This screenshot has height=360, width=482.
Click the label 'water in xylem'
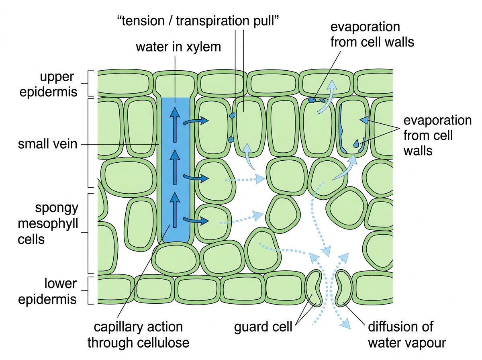178,47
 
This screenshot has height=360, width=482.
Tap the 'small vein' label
47,144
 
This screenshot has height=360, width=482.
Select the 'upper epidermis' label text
48,84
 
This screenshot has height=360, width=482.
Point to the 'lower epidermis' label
47,291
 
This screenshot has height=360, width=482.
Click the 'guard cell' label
263,327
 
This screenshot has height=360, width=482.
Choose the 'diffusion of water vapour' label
407,335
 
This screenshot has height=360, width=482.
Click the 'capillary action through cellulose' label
138,335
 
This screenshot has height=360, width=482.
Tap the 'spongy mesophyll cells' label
48,224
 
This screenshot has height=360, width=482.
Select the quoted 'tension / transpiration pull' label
198,21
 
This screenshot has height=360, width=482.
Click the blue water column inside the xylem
176,169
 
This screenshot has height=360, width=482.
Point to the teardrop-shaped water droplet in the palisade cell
356,144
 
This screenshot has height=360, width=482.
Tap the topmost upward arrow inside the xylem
175,125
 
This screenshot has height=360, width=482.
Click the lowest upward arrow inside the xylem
175,210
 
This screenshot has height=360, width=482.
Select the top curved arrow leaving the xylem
196,121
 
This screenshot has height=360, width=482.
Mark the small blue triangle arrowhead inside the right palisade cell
364,120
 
